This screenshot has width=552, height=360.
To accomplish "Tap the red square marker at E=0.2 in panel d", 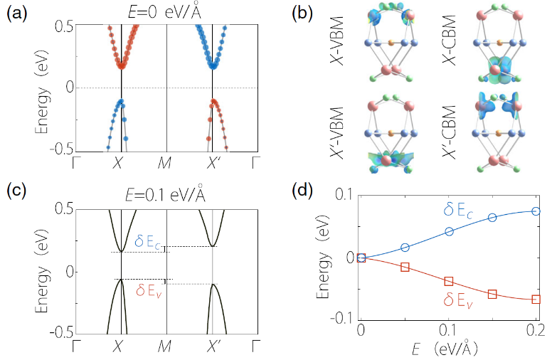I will (535, 299).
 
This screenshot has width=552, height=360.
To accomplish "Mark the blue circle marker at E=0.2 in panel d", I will (535, 211).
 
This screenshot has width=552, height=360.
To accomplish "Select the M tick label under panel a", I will (165, 162).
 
